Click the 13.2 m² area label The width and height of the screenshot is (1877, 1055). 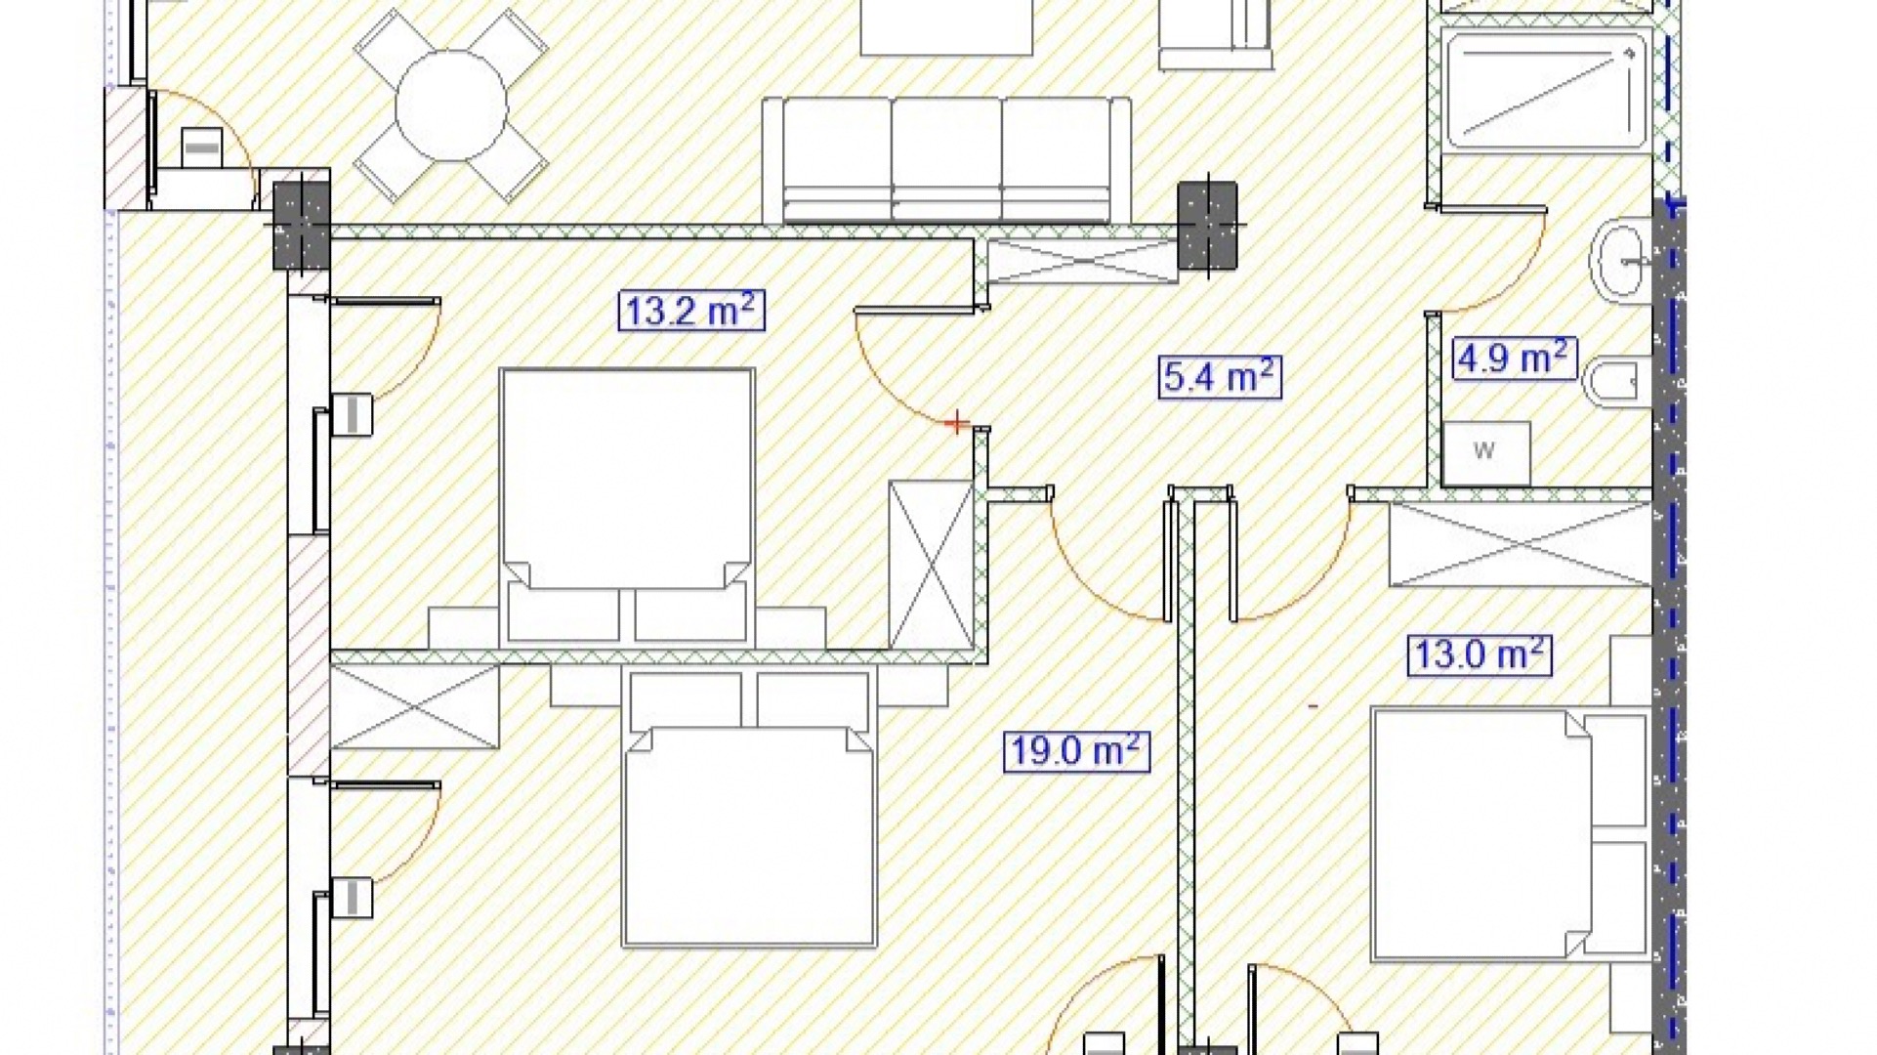(x=691, y=311)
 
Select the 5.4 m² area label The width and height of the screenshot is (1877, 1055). (x=1221, y=376)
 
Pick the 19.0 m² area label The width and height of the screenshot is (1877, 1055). (x=1076, y=751)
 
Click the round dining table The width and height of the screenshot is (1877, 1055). (x=451, y=106)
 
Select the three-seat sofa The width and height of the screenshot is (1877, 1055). (x=946, y=160)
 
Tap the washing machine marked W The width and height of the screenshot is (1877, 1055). (x=1485, y=453)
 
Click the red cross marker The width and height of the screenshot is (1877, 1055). (x=957, y=423)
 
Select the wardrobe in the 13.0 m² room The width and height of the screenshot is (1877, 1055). (x=1521, y=544)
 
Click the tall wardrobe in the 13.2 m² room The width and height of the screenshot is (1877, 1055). (x=932, y=565)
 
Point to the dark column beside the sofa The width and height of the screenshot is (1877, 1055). (x=1208, y=226)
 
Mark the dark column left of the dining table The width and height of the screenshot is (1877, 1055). (x=302, y=225)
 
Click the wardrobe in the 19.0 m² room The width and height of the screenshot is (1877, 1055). (x=415, y=707)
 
